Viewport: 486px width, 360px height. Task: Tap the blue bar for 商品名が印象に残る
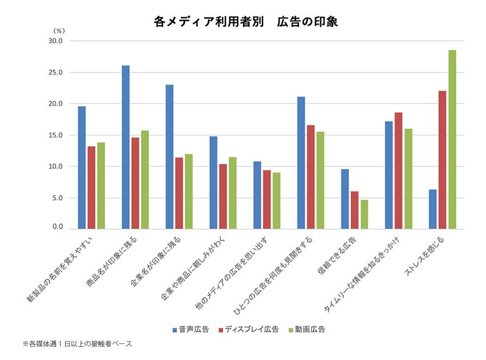pos(126,147)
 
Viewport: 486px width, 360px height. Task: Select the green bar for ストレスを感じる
pos(452,139)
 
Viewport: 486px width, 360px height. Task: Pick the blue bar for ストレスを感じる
pos(433,209)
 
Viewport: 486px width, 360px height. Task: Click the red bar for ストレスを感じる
pos(443,160)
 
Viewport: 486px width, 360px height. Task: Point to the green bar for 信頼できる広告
pos(364,214)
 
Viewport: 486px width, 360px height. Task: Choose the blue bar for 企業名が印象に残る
pos(169,157)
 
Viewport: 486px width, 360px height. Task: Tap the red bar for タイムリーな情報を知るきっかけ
pos(399,171)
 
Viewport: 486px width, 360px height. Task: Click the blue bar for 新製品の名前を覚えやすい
pos(82,167)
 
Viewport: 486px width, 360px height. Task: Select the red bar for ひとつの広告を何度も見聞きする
pos(310,177)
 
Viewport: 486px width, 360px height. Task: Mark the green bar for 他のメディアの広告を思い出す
pos(276,201)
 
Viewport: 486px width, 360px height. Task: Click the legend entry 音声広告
pos(191,329)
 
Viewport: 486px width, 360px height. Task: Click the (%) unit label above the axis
pos(59,31)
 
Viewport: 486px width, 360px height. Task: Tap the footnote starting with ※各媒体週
pos(77,344)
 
